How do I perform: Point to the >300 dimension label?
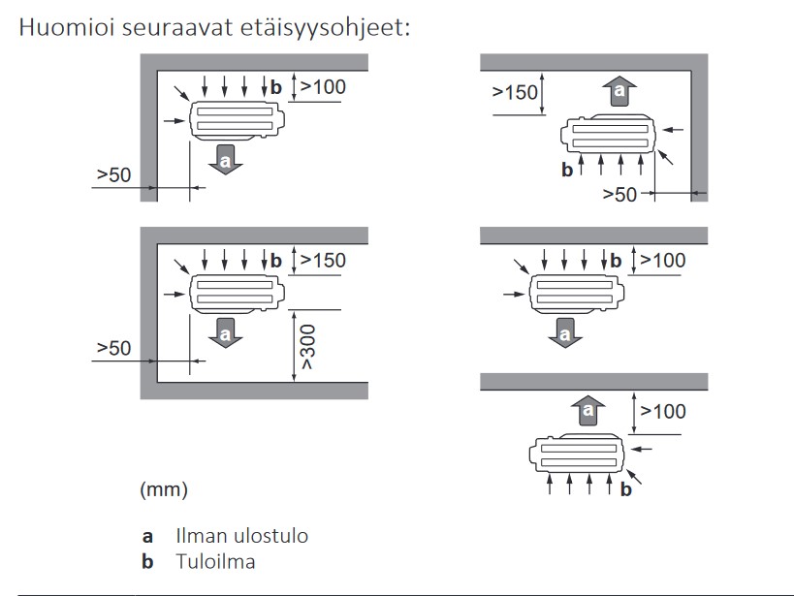click(x=307, y=353)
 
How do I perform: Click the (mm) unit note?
click(x=164, y=489)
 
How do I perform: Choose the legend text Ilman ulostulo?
click(x=242, y=535)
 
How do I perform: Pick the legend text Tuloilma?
click(x=215, y=561)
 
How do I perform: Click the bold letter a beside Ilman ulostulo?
click(x=147, y=535)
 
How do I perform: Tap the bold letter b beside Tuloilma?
click(x=147, y=561)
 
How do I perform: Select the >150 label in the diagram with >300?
click(x=323, y=260)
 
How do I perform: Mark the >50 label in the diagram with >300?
click(x=113, y=348)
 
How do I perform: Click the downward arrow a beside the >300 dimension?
click(x=225, y=331)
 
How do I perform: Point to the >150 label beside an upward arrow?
click(x=515, y=93)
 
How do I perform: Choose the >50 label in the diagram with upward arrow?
click(x=620, y=194)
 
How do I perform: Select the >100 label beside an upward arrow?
click(x=663, y=411)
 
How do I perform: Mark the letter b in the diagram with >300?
click(x=276, y=261)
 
